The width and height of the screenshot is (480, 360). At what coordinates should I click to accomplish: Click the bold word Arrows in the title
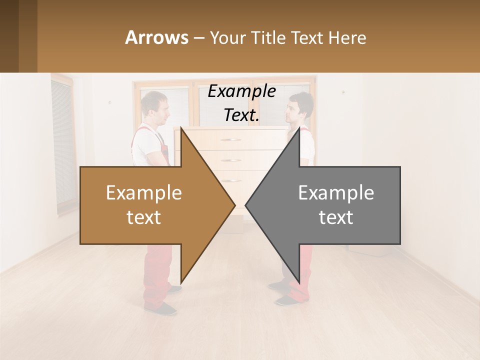pos(156,37)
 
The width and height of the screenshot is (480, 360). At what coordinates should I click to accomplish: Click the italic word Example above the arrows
pos(241,91)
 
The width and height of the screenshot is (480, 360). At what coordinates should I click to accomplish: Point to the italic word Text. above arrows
pos(241,115)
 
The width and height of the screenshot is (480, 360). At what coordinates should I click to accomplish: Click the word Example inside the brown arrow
pos(144,192)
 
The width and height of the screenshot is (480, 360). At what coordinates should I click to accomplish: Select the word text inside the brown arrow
pos(144,217)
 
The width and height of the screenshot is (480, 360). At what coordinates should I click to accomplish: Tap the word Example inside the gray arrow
pos(336,192)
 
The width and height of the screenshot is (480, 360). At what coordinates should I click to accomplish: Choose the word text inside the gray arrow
pos(336,217)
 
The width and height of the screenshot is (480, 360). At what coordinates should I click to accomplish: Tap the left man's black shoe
pos(165,308)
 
